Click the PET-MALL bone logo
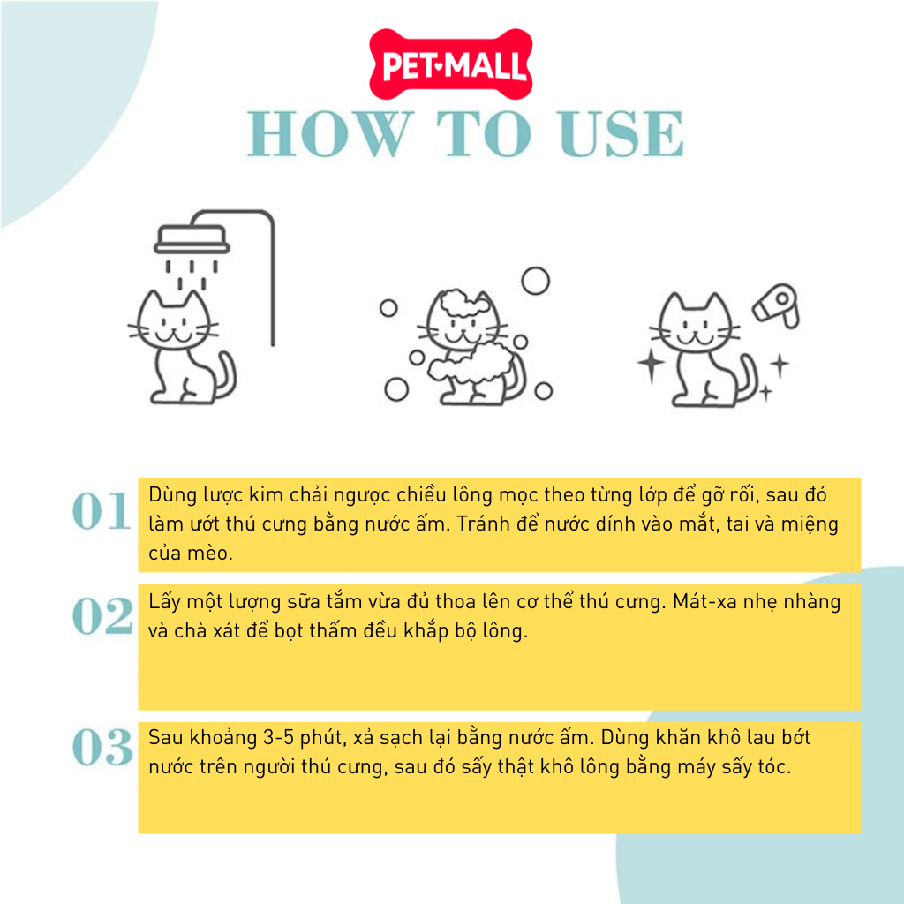[x=451, y=64]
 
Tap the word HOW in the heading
[x=331, y=134]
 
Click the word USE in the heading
[x=621, y=134]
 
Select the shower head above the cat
[x=192, y=239]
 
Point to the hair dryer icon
[x=777, y=305]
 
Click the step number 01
[x=102, y=511]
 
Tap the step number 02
[x=102, y=615]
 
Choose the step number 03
[x=102, y=747]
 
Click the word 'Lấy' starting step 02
[x=165, y=602]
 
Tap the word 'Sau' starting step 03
[x=165, y=737]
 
